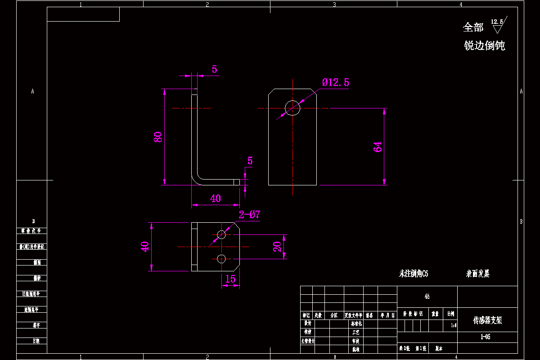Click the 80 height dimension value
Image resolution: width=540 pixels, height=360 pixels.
[158, 137]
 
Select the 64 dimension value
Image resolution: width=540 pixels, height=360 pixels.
[378, 146]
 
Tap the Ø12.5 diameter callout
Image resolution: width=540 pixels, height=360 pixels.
[336, 82]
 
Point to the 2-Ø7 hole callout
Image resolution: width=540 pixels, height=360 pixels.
[249, 215]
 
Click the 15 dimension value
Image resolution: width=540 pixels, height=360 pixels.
[230, 279]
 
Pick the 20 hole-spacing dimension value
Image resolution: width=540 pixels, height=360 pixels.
[277, 246]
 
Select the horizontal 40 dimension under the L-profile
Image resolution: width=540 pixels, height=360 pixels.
[216, 198]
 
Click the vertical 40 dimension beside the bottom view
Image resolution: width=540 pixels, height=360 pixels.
[145, 247]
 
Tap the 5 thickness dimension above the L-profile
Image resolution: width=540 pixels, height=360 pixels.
[214, 69]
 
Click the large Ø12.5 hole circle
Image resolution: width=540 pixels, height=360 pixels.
[292, 108]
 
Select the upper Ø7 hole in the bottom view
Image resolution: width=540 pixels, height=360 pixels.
[221, 234]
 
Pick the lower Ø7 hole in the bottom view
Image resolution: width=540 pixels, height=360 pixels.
[221, 258]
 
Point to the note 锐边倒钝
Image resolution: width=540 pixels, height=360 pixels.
[484, 45]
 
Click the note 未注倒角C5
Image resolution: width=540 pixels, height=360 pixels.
[414, 274]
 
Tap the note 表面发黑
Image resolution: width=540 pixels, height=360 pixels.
[477, 274]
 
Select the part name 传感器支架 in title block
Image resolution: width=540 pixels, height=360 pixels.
[487, 320]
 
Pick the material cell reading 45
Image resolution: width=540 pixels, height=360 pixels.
[427, 297]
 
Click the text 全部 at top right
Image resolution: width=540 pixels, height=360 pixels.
[473, 27]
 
